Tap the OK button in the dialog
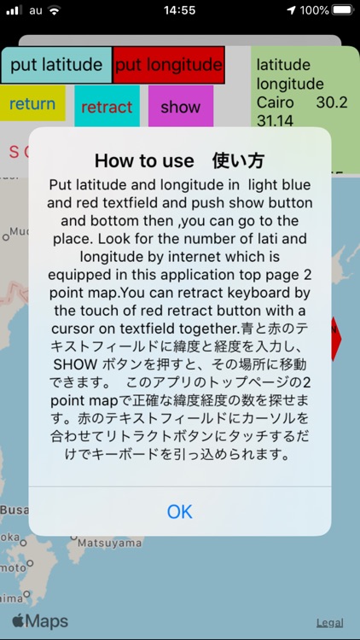coord(180,511)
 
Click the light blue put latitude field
coord(56,66)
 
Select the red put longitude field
coord(168,66)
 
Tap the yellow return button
coord(32,104)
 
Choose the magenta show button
coord(180,107)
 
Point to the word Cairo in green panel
coord(275,102)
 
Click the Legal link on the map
coord(330,623)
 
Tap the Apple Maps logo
coord(40,621)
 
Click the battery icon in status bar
coord(342,10)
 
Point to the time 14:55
coord(179,10)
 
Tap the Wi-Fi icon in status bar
coord(55,10)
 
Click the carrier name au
coord(35,10)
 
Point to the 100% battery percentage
coord(314,10)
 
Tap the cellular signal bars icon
coord(14,10)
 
